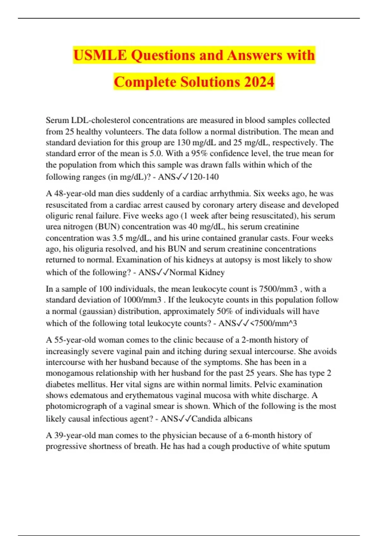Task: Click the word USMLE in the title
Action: tap(100, 55)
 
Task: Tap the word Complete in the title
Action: tap(145, 82)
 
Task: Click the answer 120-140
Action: tap(204, 177)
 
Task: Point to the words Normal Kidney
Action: tap(197, 272)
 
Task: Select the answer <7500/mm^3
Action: tap(273, 323)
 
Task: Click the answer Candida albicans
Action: tap(222, 419)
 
